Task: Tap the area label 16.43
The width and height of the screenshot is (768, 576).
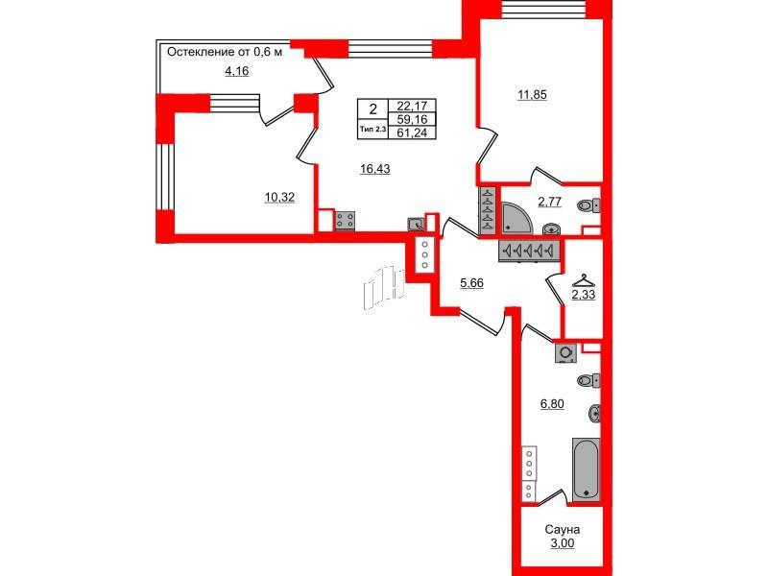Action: click(375, 168)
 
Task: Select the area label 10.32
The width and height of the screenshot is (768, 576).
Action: click(279, 197)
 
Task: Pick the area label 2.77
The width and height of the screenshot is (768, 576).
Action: click(550, 202)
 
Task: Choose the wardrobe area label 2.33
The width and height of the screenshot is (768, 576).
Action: click(585, 296)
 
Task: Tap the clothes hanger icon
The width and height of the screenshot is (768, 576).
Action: click(583, 280)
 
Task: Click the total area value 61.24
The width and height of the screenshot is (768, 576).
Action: click(411, 132)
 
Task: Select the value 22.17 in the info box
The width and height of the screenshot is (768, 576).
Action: click(411, 106)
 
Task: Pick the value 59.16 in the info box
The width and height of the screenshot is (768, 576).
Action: click(411, 119)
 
